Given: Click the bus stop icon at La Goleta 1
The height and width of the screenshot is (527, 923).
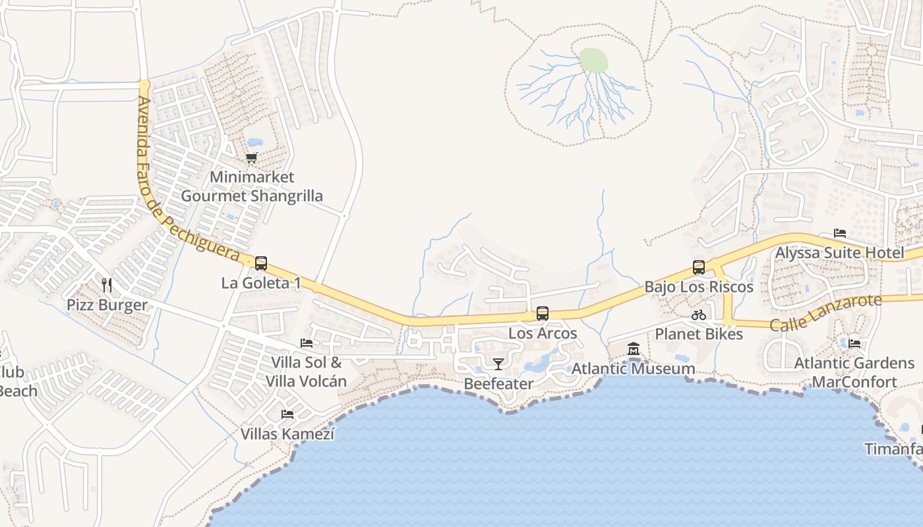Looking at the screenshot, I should click(261, 263).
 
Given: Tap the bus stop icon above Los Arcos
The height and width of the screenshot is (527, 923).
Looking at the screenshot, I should click(543, 314).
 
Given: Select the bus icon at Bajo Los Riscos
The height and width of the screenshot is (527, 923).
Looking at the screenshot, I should click(699, 267).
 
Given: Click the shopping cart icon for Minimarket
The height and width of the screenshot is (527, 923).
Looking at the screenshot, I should click(251, 157).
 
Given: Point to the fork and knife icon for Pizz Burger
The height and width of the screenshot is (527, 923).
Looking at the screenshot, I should click(107, 285).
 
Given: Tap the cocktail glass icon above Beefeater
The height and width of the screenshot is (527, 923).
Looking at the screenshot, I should click(498, 364).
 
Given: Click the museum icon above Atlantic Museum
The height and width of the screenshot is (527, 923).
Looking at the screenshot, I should click(634, 348).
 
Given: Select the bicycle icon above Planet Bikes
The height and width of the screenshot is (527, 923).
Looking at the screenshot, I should click(699, 315).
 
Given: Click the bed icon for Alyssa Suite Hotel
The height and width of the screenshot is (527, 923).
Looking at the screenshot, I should click(840, 233).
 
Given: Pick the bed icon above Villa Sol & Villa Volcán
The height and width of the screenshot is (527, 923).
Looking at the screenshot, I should click(307, 343).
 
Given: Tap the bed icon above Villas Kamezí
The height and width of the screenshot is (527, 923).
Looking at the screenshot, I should click(287, 414).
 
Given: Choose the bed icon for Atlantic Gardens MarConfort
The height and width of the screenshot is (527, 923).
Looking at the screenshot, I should click(854, 343).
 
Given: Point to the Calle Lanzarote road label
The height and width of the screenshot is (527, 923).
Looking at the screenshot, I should click(825, 312).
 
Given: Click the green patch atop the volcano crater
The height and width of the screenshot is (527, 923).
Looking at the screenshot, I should click(593, 61).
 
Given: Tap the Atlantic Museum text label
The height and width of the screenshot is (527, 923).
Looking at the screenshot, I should click(633, 368).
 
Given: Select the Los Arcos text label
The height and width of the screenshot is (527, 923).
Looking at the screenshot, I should click(543, 333).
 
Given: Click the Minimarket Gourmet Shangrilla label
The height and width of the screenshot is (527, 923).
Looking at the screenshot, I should click(252, 186).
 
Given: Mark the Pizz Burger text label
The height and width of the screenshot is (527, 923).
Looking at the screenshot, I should click(107, 305).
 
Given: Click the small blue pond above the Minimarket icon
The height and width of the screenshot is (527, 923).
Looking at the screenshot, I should click(254, 142).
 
